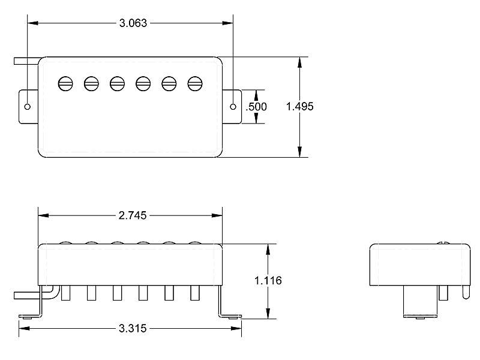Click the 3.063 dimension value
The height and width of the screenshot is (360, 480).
(130, 23)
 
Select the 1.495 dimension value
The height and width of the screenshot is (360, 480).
(300, 106)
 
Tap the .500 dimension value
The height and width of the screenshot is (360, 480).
(257, 107)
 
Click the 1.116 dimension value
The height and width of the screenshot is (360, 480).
(268, 280)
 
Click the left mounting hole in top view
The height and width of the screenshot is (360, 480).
(28, 106)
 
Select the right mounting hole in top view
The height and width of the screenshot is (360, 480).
(233, 106)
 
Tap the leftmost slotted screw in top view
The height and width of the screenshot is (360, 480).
(65, 83)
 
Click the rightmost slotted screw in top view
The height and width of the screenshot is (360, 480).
(194, 83)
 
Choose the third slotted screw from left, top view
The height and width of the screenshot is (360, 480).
(117, 83)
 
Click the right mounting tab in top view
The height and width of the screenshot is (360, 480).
(232, 106)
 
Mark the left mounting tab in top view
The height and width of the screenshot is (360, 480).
(29, 106)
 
